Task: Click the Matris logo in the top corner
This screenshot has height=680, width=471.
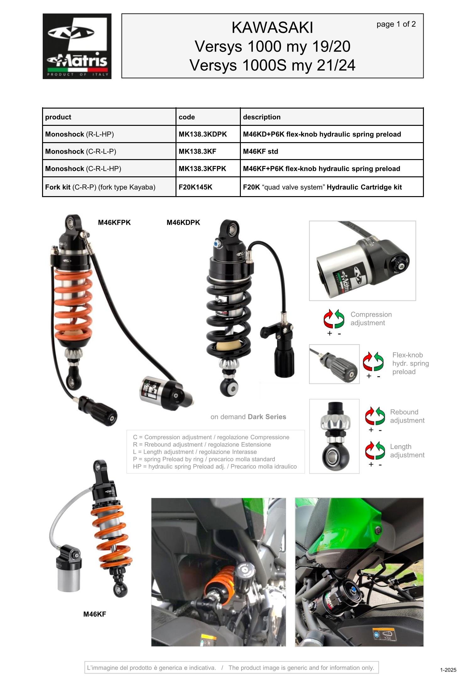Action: tap(77, 46)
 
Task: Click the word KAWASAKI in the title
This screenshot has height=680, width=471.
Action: tap(272, 28)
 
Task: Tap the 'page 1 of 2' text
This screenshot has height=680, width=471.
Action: tap(396, 24)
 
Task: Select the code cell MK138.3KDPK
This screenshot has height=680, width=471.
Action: tap(203, 134)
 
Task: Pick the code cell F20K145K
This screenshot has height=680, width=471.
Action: tap(195, 187)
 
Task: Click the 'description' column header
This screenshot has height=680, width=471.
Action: tap(262, 117)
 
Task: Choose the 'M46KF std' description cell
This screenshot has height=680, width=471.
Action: tap(260, 152)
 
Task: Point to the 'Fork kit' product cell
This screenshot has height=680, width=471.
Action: tap(100, 187)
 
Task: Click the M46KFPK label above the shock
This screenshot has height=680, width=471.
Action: tap(114, 222)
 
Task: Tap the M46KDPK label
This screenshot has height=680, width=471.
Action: tap(183, 222)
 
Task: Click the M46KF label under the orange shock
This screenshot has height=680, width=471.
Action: tap(95, 614)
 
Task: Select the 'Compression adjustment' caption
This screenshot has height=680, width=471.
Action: tap(371, 319)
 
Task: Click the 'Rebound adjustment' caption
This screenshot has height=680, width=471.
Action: tap(407, 416)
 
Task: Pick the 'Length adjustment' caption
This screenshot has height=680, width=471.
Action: tap(407, 451)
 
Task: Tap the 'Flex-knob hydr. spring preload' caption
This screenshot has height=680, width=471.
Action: tap(410, 363)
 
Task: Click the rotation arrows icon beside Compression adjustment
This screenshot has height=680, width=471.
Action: tap(334, 319)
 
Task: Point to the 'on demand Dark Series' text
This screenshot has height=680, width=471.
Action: tap(248, 417)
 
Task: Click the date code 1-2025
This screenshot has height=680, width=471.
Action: tap(448, 670)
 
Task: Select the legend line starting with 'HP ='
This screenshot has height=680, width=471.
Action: tap(214, 467)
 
